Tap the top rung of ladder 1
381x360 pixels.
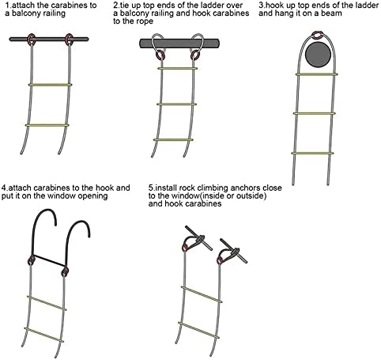pyautogui.click(x=50, y=85)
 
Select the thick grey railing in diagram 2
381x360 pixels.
pyautogui.click(x=179, y=44)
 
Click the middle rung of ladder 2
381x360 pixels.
pyautogui.click(x=176, y=104)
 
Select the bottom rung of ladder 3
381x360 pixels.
pyautogui.click(x=312, y=153)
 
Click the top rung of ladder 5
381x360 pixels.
pyautogui.click(x=202, y=294)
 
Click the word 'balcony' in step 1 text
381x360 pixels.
pyautogui.click(x=25, y=13)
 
